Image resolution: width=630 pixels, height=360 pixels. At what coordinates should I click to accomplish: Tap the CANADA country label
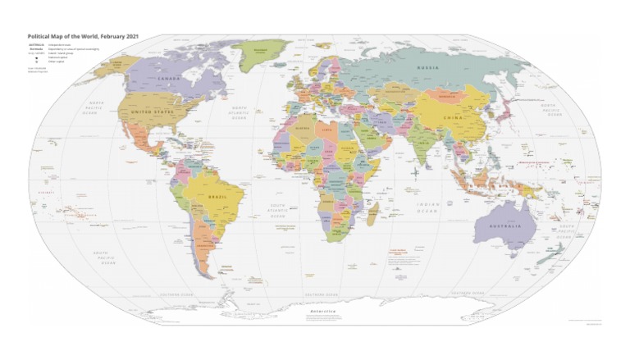tap(168, 79)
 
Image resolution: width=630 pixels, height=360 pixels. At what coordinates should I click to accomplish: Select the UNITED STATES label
tap(154, 113)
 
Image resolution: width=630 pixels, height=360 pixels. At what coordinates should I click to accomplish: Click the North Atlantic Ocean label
tap(239, 113)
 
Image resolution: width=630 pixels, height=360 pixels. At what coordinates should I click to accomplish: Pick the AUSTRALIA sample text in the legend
tap(36, 46)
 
